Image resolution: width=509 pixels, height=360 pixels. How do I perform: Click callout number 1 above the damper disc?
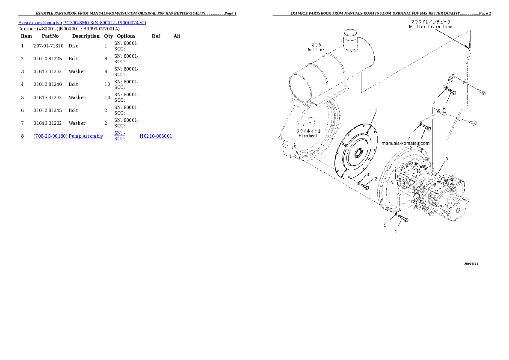coord(376,110)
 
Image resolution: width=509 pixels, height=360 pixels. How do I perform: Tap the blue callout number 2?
coord(376,179)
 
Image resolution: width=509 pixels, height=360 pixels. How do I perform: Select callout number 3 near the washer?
coord(367,174)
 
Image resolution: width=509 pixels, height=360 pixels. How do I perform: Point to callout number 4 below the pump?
coord(395,232)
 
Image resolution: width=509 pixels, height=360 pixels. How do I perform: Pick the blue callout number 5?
coord(385,225)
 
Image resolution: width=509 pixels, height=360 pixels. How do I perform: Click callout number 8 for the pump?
coord(447,159)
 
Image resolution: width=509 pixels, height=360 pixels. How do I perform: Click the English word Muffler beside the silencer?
coord(316,50)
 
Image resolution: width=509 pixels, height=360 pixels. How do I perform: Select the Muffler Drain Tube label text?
coord(430,27)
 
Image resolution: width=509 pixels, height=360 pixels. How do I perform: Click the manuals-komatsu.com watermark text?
coord(405,144)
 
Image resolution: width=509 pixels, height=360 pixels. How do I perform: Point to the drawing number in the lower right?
coord(471,264)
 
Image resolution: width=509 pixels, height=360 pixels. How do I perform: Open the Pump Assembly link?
coord(86,136)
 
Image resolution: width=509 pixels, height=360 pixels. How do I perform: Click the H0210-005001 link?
coord(156,136)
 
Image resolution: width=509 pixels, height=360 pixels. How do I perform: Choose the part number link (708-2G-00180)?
coord(50,136)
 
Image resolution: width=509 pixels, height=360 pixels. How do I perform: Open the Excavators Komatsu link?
coord(40,23)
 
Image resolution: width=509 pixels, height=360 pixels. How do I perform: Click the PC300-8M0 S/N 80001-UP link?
coord(104,23)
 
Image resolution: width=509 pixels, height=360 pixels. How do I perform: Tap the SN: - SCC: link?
coord(119,136)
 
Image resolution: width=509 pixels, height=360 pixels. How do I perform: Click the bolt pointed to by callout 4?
coord(403,219)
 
